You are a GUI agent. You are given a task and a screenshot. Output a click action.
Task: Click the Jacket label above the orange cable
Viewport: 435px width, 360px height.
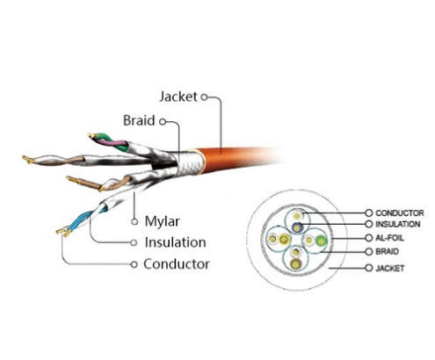coord(178,97)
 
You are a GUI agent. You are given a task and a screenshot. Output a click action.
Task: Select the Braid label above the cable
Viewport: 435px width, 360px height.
coord(139,120)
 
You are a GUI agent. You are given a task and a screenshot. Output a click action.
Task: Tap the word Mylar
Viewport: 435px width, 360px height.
coord(162,221)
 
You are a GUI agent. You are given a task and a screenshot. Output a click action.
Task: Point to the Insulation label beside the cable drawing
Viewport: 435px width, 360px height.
coord(175,242)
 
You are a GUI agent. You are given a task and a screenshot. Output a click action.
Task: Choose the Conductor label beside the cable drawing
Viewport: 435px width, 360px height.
coord(177,264)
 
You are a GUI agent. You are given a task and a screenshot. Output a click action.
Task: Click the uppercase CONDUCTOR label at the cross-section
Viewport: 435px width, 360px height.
coord(400,213)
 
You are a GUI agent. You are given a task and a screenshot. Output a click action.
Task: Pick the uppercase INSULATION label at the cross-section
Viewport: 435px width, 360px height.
coord(398,225)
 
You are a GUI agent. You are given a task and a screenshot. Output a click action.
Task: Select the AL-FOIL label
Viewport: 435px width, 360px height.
coord(389,238)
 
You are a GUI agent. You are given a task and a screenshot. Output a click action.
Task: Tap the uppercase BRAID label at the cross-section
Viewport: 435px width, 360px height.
coord(387,251)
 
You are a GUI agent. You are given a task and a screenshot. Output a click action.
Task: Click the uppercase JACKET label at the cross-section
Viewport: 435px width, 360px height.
coord(390,268)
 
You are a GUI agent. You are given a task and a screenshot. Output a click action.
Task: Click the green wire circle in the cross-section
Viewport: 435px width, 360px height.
coord(322,241)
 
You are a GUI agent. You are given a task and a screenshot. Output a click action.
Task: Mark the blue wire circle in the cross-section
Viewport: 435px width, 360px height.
coord(297,227)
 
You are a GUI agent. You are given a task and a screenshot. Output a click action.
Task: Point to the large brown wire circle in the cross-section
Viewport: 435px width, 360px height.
coord(296,263)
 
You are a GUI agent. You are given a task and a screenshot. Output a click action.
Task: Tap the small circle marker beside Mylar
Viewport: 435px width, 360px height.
coord(134,222)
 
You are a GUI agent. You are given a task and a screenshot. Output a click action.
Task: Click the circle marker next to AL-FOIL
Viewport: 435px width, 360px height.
coord(369,238)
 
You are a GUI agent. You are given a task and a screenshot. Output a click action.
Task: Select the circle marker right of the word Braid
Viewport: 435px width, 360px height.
coord(163,121)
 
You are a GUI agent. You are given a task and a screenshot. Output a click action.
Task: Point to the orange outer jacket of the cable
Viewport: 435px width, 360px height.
coord(235,160)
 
